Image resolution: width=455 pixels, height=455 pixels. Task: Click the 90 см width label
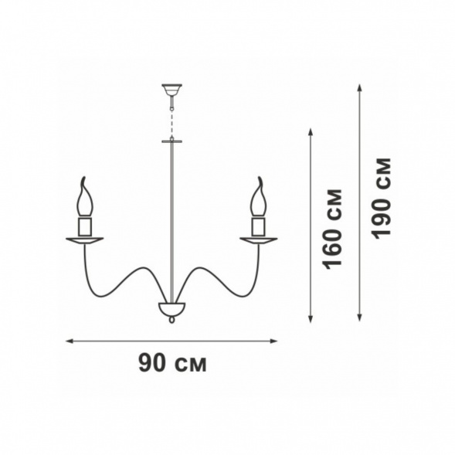172,363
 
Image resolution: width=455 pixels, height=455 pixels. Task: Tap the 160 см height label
332,229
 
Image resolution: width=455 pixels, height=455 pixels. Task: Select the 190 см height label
382,199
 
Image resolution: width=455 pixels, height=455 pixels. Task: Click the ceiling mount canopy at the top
171,90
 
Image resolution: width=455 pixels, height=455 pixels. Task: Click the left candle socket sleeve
85,226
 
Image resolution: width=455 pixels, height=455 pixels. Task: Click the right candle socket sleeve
258,226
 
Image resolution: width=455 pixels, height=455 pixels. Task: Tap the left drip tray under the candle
85,240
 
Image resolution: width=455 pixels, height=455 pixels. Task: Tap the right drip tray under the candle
258,240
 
